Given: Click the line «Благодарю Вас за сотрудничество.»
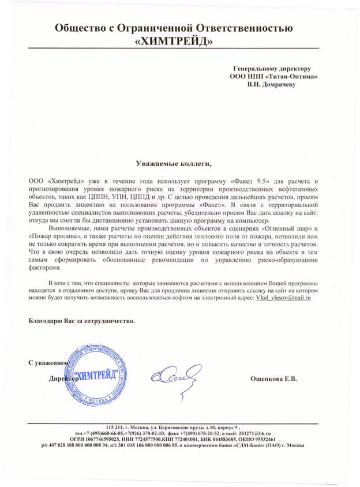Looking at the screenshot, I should [x=81, y=321].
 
